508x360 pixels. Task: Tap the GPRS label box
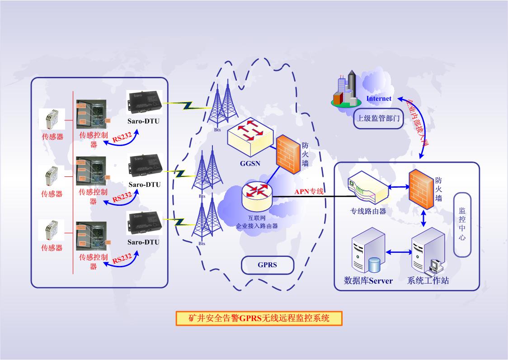[x=267, y=265]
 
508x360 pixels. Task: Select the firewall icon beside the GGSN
[x=287, y=154]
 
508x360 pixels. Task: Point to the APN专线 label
[x=310, y=191]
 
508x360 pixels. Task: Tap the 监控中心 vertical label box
[x=462, y=224]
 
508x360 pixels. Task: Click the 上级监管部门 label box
[x=378, y=119]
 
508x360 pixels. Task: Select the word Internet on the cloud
[x=379, y=98]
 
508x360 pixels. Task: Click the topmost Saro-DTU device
[x=144, y=101]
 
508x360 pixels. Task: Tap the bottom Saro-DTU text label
[x=143, y=242]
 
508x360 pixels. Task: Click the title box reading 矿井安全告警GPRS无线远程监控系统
[x=259, y=318]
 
